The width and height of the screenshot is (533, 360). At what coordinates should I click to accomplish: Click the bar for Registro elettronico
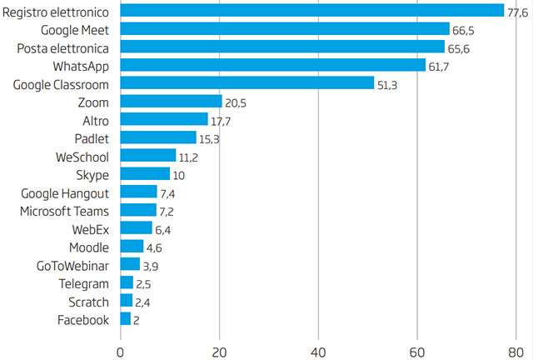coord(312,11)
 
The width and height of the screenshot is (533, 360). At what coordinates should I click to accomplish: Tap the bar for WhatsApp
coord(273,65)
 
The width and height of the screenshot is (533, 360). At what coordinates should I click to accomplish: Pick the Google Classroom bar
coord(247,83)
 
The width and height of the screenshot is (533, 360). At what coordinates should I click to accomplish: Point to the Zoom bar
coord(171,102)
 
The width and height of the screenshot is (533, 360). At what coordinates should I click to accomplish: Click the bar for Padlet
coord(158,137)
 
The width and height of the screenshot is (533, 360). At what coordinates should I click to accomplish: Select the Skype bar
coord(145,174)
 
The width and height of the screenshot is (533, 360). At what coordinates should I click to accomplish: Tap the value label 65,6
coord(459,48)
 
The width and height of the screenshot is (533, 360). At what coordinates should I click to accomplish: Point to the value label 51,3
coord(388,84)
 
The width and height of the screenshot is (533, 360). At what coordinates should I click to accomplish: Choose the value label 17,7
coord(222,121)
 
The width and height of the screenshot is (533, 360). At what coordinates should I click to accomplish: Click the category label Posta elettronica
coord(63,47)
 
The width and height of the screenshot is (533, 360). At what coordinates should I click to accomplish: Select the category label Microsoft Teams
coord(66,211)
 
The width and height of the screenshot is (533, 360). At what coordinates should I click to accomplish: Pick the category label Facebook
coord(83,320)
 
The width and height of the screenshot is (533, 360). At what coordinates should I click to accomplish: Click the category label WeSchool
coord(82,156)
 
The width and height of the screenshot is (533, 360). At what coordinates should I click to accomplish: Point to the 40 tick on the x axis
coord(318,349)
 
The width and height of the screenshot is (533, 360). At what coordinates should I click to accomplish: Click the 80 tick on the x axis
coord(516,349)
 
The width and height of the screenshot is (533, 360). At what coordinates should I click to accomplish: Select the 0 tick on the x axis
coord(121,349)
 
